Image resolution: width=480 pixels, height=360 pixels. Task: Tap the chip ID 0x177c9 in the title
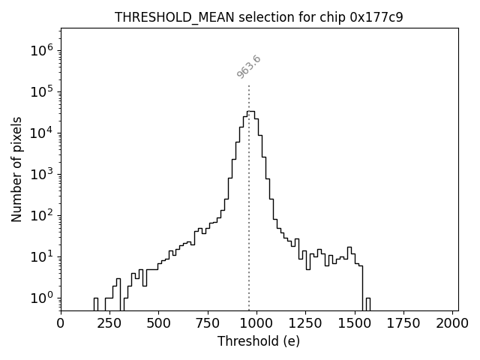click(376, 17)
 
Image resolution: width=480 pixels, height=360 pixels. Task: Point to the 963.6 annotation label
click(249, 67)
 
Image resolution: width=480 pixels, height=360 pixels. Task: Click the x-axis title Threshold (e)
click(259, 341)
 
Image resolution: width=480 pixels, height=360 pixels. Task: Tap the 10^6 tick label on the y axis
click(41, 50)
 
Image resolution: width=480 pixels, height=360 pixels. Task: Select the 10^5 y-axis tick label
click(41, 91)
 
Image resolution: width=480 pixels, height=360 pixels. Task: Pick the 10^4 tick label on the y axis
click(41, 133)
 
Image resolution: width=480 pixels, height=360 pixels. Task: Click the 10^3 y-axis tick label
click(41, 174)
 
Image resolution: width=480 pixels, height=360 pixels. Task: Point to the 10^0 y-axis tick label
click(41, 298)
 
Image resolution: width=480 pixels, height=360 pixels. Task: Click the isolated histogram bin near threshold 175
click(95, 304)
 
